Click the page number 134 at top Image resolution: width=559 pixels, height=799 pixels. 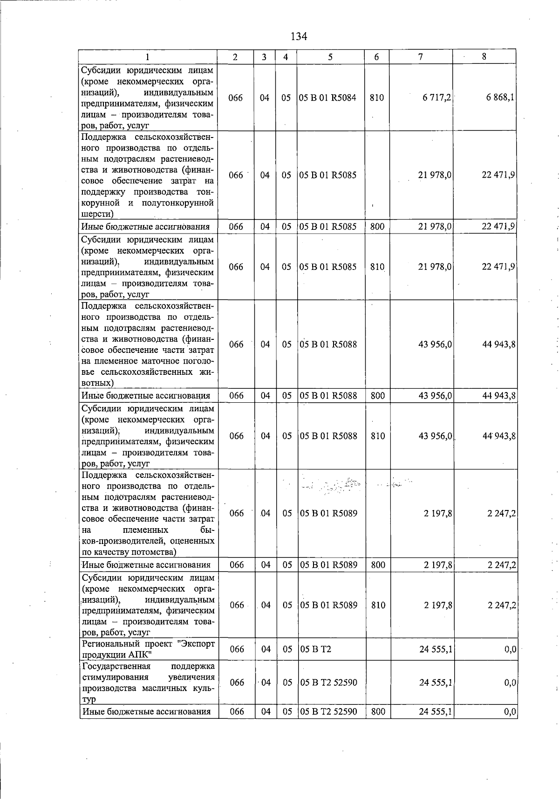click(299, 36)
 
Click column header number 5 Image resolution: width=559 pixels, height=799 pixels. click(330, 57)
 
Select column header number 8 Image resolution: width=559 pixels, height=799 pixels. click(484, 57)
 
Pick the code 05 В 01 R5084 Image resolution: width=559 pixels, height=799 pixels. click(327, 98)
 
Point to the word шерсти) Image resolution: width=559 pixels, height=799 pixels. click(97, 214)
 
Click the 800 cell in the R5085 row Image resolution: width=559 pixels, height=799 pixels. click(377, 227)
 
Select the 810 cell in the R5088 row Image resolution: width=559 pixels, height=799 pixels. click(378, 436)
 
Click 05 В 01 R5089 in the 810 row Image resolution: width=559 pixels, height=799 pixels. click(329, 605)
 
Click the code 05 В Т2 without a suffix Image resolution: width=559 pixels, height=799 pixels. click(316, 649)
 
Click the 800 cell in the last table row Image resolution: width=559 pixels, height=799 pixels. click(378, 712)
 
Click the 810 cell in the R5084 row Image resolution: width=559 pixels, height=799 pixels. click(377, 98)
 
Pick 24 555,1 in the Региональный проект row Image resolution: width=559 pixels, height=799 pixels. click(436, 649)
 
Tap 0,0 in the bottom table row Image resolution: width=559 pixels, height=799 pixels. click(511, 712)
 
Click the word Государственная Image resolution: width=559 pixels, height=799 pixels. click(116, 666)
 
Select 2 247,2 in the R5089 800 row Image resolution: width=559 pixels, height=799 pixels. click(502, 565)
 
